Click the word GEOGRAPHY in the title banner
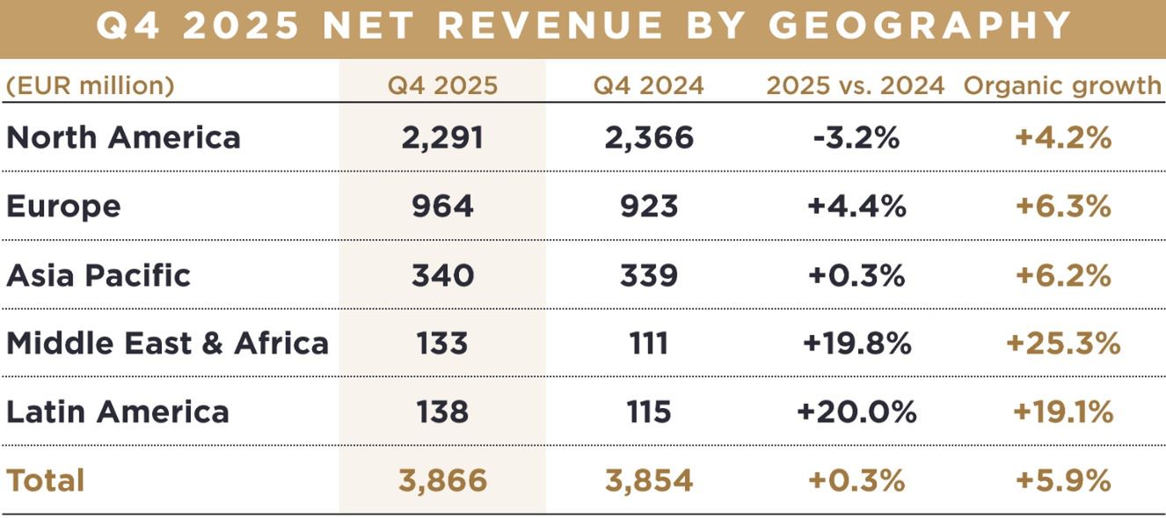pyautogui.click(x=920, y=26)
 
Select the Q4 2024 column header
pyautogui.click(x=648, y=85)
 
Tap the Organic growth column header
pyautogui.click(x=1062, y=85)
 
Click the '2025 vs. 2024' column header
pyautogui.click(x=855, y=85)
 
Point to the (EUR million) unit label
pyautogui.click(x=91, y=85)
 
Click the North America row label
pyautogui.click(x=123, y=137)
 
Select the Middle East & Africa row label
pyautogui.click(x=167, y=343)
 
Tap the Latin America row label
pyautogui.click(x=118, y=412)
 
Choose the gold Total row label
pyautogui.click(x=46, y=480)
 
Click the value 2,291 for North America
pyautogui.click(x=442, y=137)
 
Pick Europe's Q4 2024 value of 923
pyautogui.click(x=649, y=206)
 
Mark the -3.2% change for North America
pyautogui.click(x=856, y=137)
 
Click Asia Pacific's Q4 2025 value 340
pyautogui.click(x=442, y=274)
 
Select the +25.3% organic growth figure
pyautogui.click(x=1062, y=343)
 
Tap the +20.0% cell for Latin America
pyautogui.click(x=856, y=412)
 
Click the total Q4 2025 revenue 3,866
pyautogui.click(x=442, y=480)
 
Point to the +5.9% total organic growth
pyautogui.click(x=1062, y=480)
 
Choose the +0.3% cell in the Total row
pyautogui.click(x=856, y=480)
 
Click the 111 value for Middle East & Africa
pyautogui.click(x=649, y=343)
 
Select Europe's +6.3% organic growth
pyautogui.click(x=1062, y=206)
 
